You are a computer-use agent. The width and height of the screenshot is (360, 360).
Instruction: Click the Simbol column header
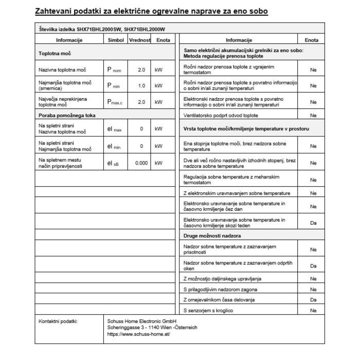116,40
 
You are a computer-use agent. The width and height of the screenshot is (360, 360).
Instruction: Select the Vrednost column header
139,40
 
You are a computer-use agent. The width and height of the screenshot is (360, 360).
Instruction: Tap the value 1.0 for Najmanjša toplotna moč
141,85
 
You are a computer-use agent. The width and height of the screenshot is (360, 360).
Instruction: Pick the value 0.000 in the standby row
141,163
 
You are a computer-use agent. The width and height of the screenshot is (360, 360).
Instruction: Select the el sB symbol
114,163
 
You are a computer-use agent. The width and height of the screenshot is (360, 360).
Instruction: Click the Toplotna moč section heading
55,53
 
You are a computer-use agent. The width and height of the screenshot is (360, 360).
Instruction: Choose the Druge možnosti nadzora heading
212,236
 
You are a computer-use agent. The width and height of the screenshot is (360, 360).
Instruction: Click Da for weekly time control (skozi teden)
313,223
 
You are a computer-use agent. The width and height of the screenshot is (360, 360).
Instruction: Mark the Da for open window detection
313,266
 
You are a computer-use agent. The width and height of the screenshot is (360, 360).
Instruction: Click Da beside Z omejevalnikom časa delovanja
313,299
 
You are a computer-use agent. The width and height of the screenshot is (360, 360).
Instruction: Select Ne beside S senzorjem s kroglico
313,310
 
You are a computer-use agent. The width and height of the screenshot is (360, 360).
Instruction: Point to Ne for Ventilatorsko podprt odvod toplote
313,116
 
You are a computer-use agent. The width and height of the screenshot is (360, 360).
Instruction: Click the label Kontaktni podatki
58,321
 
